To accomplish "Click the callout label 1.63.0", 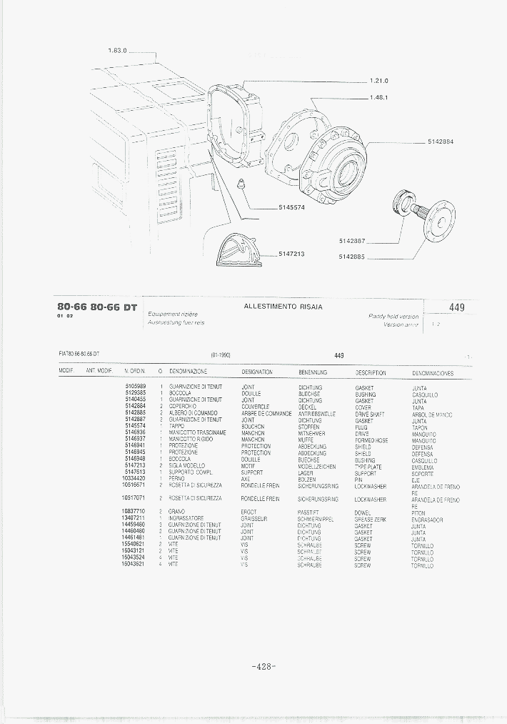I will (116, 51).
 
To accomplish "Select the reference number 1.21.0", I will (379, 80).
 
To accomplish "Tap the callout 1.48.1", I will (378, 97).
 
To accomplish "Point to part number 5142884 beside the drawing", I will (441, 141).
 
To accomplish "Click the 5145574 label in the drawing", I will (291, 207).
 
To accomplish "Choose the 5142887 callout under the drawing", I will (352, 240).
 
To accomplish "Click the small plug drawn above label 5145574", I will (241, 183).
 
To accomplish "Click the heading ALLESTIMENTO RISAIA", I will (283, 307).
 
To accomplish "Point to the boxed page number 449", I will (457, 307).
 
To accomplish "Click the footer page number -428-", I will (263, 666).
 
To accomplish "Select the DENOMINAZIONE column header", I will (188, 372).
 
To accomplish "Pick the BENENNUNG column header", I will (312, 372).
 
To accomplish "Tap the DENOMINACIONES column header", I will (433, 373).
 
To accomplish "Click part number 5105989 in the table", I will (135, 387).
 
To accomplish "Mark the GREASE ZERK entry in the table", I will (370, 520).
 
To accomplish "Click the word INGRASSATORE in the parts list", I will (186, 519).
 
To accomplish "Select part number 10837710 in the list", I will (134, 512).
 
